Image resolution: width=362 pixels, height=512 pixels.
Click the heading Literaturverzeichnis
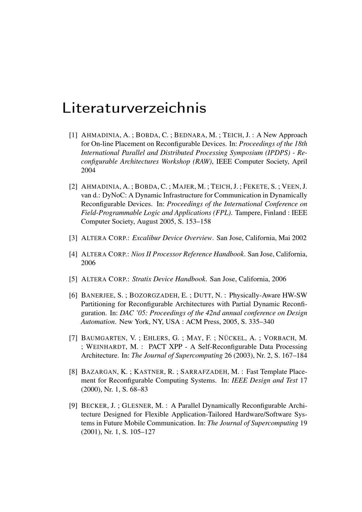point(134,108)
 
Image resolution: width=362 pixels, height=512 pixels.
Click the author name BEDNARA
point(189,135)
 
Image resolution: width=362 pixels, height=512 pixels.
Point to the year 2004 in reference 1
point(88,170)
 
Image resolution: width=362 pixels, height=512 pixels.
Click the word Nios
point(137,254)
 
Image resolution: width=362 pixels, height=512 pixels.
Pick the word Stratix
point(142,279)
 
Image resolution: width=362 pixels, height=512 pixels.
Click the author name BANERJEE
point(97,295)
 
